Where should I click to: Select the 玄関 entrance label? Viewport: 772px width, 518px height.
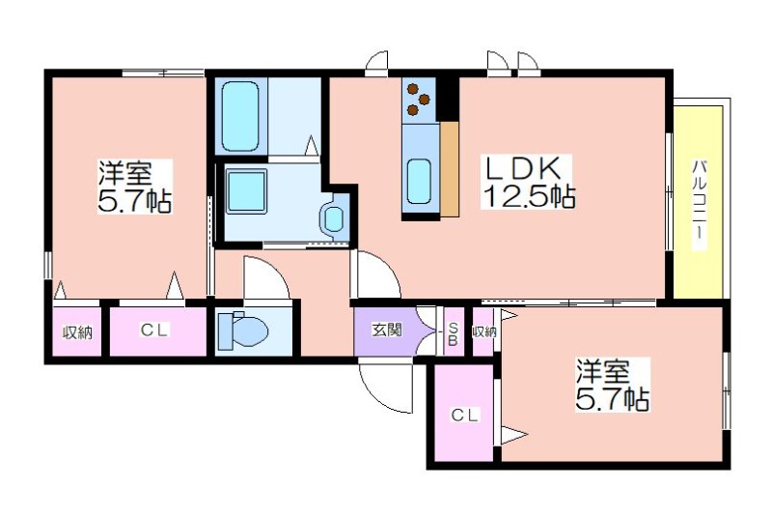tap(387, 331)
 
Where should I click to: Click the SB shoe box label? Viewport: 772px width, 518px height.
tap(453, 333)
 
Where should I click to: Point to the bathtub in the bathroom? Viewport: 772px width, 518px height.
tap(240, 115)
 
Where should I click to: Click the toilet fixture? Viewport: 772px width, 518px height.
tap(243, 329)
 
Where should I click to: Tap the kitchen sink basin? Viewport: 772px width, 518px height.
tap(419, 181)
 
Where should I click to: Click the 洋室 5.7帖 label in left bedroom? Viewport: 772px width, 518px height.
tap(135, 187)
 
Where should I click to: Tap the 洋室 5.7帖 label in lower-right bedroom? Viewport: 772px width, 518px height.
tap(612, 385)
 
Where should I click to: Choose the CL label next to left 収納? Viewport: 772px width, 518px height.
tap(154, 331)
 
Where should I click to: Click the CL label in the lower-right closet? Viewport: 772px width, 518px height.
tap(465, 416)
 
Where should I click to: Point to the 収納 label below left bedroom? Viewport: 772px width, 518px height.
tap(77, 333)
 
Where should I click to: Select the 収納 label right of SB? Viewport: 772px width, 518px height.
tap(484, 332)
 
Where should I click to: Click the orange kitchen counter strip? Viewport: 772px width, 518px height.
tap(449, 169)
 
